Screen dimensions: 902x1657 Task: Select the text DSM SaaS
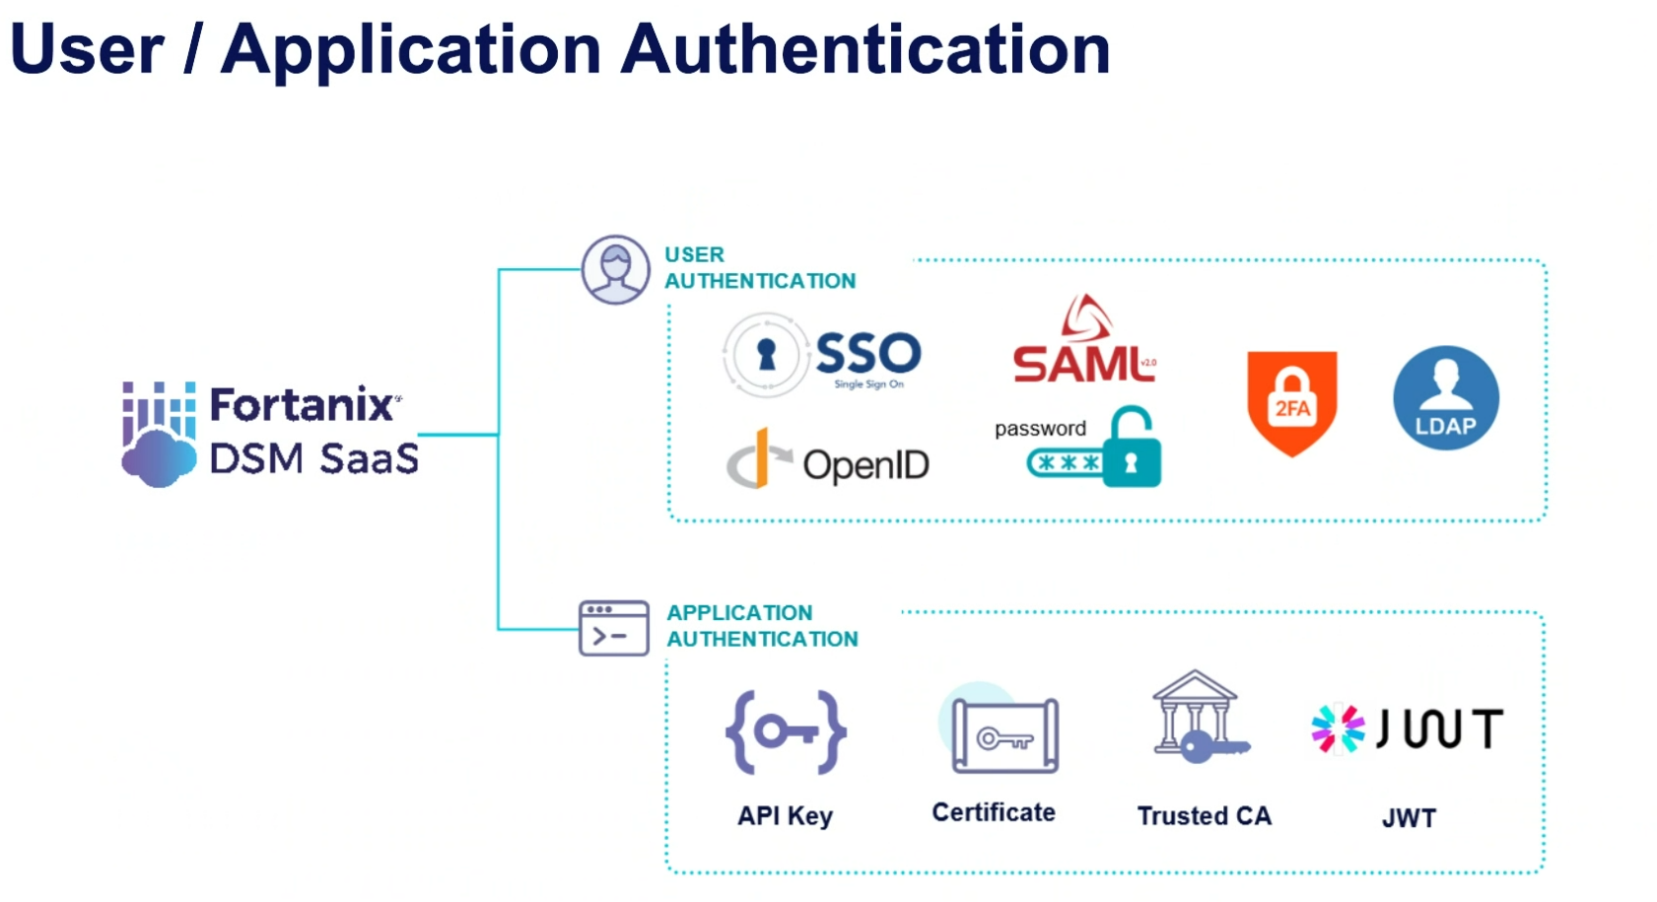313,458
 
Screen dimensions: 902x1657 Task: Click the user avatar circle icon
615,269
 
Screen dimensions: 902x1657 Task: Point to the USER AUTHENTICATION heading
759,267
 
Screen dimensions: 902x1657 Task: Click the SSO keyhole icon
766,355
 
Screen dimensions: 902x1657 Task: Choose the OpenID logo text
865,464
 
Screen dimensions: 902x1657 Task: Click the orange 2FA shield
1291,402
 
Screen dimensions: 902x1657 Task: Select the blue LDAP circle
1445,398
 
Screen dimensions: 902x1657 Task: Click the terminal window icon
613,628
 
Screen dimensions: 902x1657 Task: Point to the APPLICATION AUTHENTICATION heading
761,626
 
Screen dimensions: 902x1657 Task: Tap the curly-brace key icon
786,731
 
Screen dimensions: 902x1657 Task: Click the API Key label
786,816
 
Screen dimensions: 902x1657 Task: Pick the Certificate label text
994,812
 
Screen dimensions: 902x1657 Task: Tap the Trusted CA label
1204,816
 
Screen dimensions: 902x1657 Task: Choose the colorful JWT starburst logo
1338,729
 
